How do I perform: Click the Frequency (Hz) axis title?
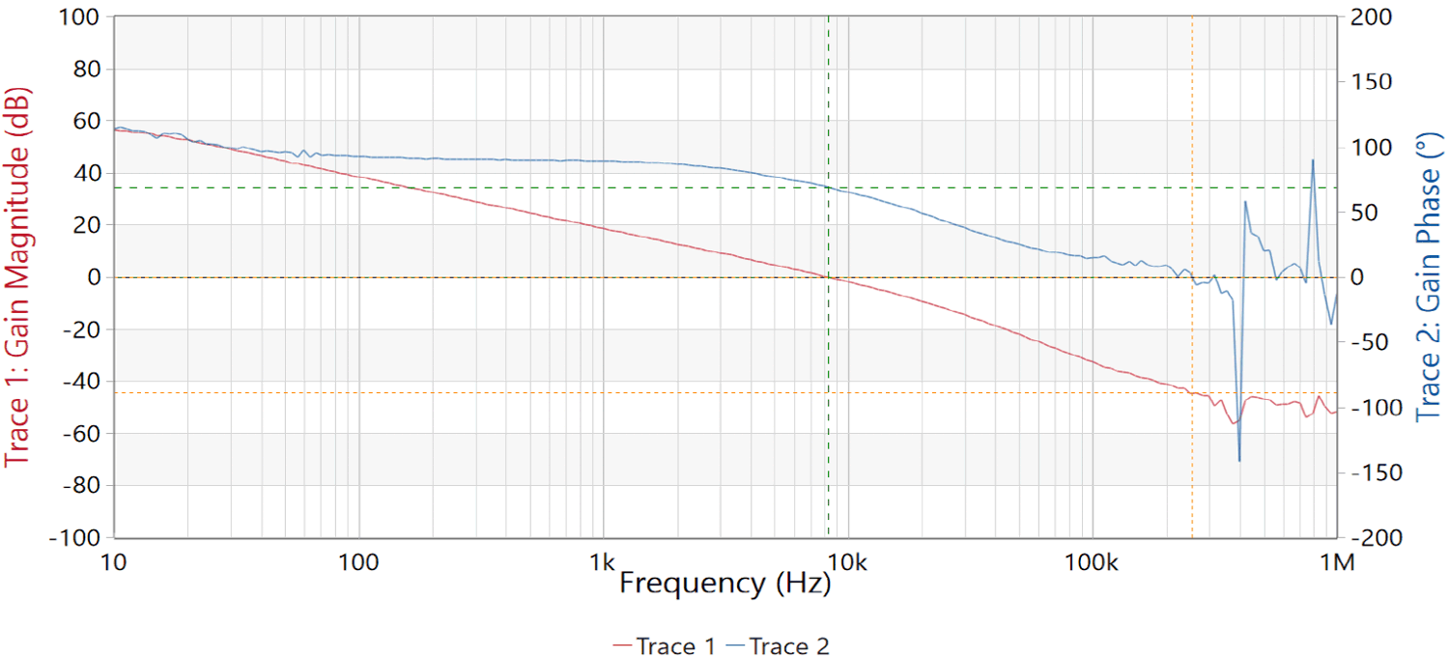pyautogui.click(x=724, y=583)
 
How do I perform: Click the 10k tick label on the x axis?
pyautogui.click(x=848, y=561)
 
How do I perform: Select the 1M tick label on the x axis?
pyautogui.click(x=1337, y=561)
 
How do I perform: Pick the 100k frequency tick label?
pyautogui.click(x=1092, y=561)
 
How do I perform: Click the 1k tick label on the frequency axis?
pyautogui.click(x=603, y=561)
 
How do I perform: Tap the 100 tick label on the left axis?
pyautogui.click(x=81, y=17)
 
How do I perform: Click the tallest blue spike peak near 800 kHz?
pyautogui.click(x=1313, y=160)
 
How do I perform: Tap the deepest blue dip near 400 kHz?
pyautogui.click(x=1239, y=460)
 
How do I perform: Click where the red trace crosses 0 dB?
pyautogui.click(x=828, y=277)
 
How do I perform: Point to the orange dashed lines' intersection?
pyautogui.click(x=1192, y=392)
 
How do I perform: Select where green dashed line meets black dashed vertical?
pyautogui.click(x=828, y=187)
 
